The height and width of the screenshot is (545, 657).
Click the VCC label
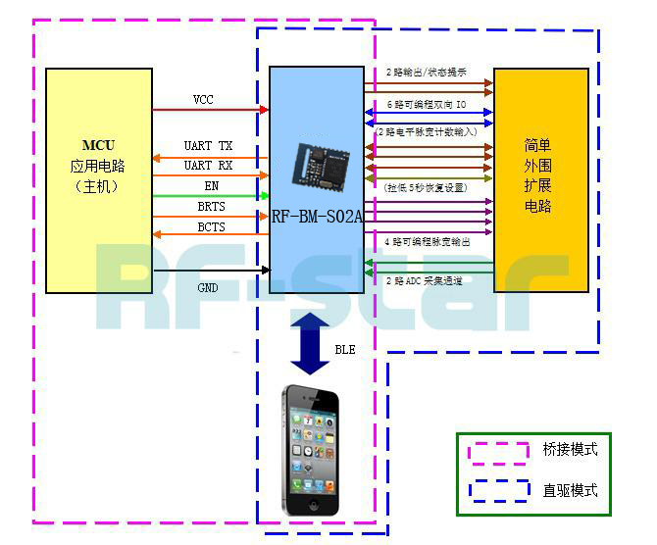tap(203, 100)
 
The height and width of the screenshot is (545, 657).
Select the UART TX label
tap(209, 146)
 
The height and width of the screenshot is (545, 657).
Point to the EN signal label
tap(211, 185)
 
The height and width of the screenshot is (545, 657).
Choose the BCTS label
tap(211, 227)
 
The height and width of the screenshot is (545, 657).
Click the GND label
tap(208, 288)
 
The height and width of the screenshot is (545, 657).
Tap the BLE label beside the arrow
tap(345, 349)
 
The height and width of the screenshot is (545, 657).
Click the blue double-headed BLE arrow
tap(311, 343)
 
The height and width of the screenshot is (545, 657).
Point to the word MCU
tap(98, 146)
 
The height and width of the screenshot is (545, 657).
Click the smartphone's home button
tap(312, 505)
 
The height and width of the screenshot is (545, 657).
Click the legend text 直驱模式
tap(570, 490)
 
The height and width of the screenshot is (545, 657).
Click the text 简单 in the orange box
tap(537, 146)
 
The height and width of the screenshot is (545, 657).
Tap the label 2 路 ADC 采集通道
tap(425, 281)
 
